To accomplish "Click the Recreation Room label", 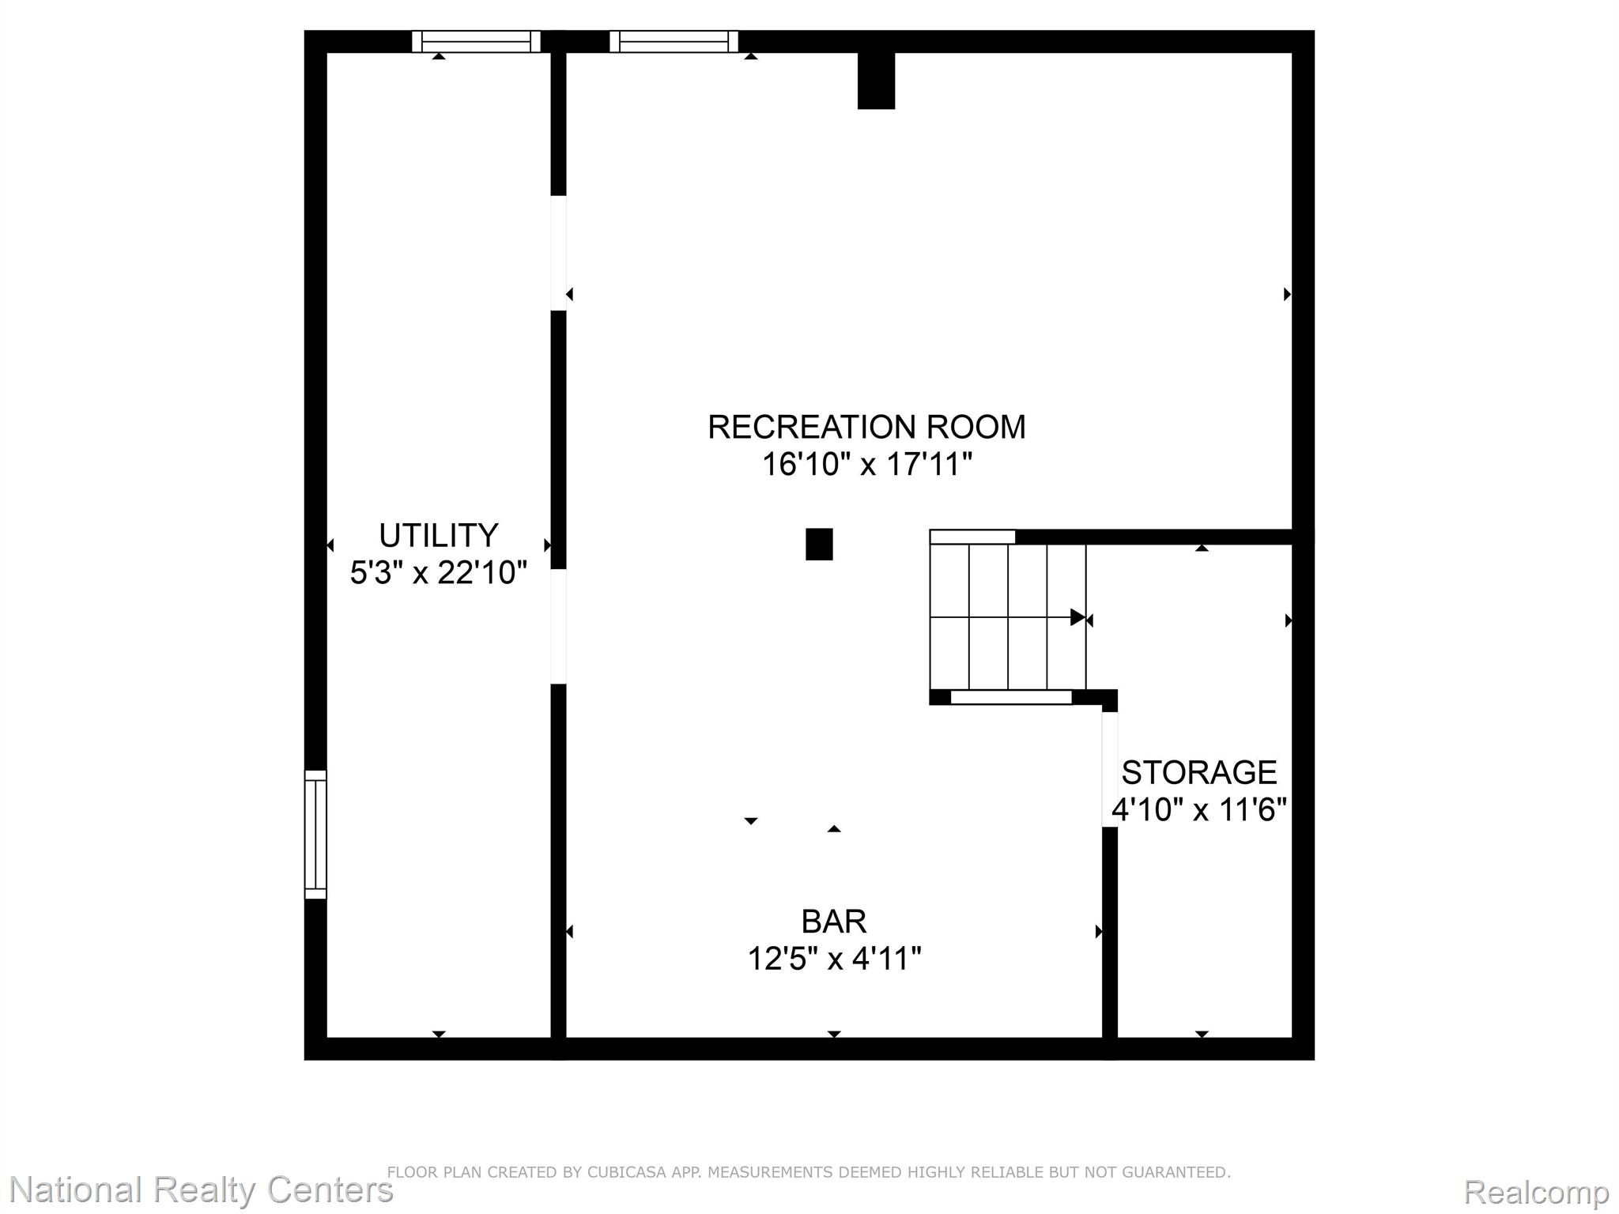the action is point(866,427).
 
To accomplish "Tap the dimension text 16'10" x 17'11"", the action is point(866,464).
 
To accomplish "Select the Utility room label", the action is point(438,535).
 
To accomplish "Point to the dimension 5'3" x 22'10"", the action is point(438,572).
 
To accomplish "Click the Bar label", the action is point(834,922).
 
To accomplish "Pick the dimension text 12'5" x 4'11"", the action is point(834,959).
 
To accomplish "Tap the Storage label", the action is point(1199,772).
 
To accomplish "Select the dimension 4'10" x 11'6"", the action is point(1199,809).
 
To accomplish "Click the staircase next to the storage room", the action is point(1008,616).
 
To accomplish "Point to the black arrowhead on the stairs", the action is point(1077,617).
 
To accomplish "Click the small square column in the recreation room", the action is point(819,545).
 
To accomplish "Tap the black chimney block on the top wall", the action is point(876,81).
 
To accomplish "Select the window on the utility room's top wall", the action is point(476,41).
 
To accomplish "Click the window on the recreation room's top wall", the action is point(674,41).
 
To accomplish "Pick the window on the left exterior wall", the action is point(315,834).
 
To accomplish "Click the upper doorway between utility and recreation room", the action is point(559,253).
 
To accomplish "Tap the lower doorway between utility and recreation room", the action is point(559,627).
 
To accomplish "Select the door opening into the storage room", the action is point(1110,769).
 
